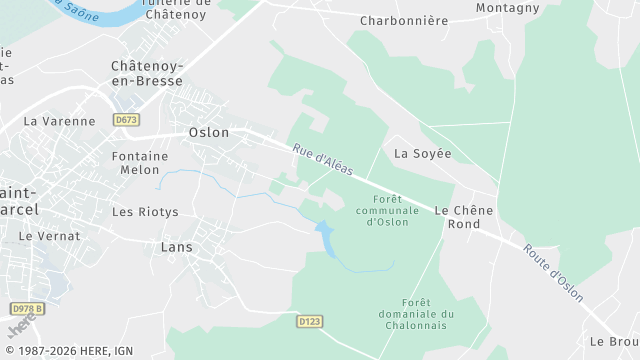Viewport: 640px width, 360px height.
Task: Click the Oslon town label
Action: pos(209,132)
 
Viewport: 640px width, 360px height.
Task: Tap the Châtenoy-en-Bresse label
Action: pos(147,73)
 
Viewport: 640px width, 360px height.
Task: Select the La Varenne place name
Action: pos(59,121)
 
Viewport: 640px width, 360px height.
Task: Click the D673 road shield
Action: pos(126,120)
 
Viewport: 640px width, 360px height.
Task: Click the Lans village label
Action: pos(176,246)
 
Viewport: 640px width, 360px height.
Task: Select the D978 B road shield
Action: pos(26,309)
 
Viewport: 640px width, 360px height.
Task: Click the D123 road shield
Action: pos(310,321)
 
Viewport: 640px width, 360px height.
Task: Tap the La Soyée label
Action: pos(423,154)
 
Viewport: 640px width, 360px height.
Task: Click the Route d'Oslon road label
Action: pos(553,267)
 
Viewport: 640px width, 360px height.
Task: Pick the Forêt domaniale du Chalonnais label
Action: pos(428,314)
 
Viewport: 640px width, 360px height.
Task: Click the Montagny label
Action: pos(507,7)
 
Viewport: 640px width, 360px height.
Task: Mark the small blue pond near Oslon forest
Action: pos(326,237)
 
